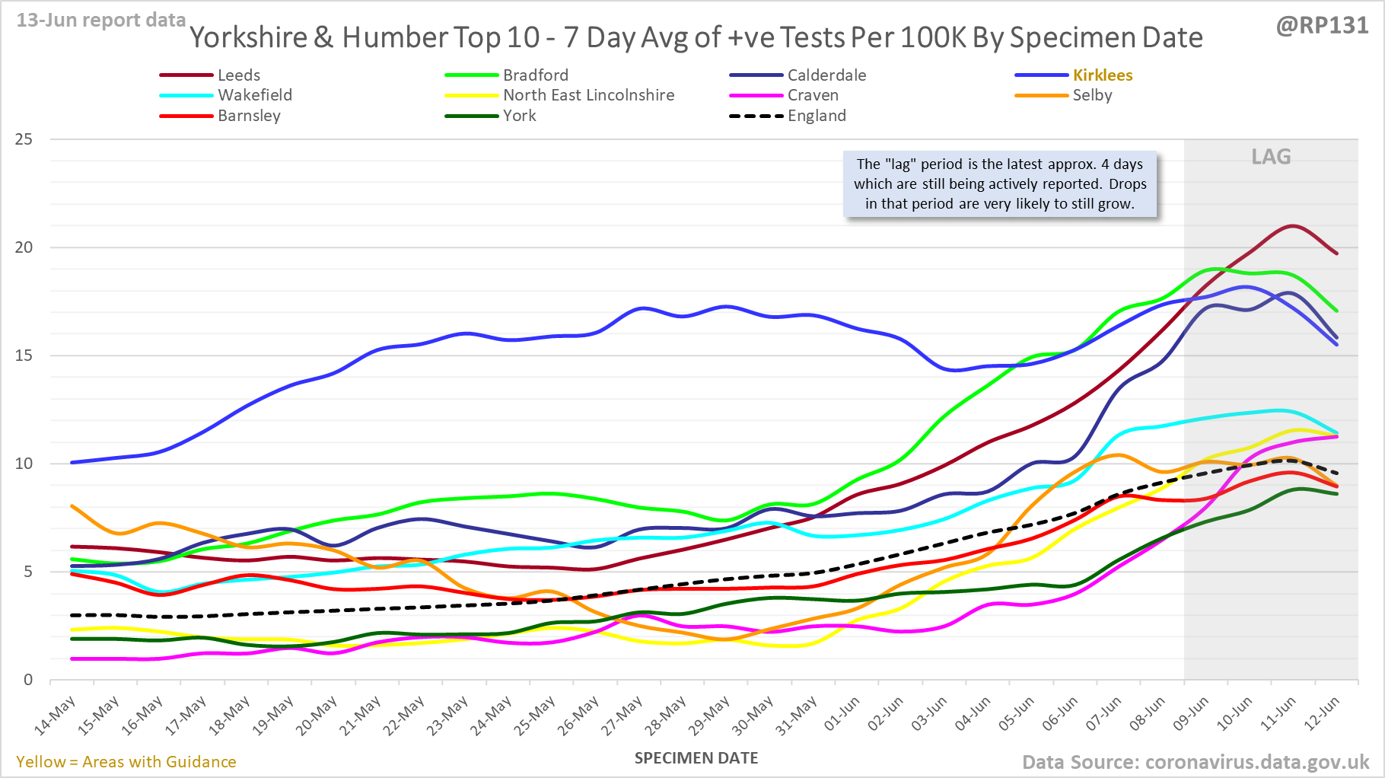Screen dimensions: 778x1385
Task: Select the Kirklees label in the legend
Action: [1102, 75]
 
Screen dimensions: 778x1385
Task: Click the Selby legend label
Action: [1092, 95]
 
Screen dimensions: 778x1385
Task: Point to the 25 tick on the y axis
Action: [24, 139]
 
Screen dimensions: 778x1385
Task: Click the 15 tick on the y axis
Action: [24, 356]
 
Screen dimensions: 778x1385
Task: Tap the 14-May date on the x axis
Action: [55, 716]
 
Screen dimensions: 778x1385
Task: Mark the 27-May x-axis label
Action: [622, 716]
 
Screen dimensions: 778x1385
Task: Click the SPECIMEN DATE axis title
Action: [696, 758]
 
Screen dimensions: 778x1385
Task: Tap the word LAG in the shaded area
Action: [1271, 157]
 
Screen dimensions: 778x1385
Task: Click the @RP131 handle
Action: [1322, 26]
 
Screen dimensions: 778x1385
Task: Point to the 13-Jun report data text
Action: [101, 21]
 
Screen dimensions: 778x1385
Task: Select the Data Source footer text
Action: [1195, 762]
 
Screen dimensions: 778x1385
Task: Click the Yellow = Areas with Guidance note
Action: [126, 762]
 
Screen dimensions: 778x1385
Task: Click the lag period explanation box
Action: [999, 184]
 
